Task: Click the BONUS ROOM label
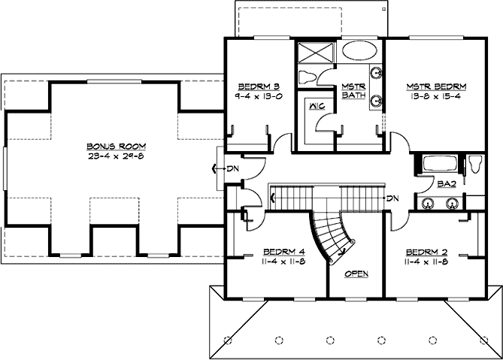(115, 146)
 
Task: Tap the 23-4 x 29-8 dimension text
(115, 156)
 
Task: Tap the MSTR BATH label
(353, 91)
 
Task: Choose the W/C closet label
(316, 107)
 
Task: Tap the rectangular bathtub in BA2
(438, 163)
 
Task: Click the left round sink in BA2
(429, 202)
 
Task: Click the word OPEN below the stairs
(356, 274)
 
